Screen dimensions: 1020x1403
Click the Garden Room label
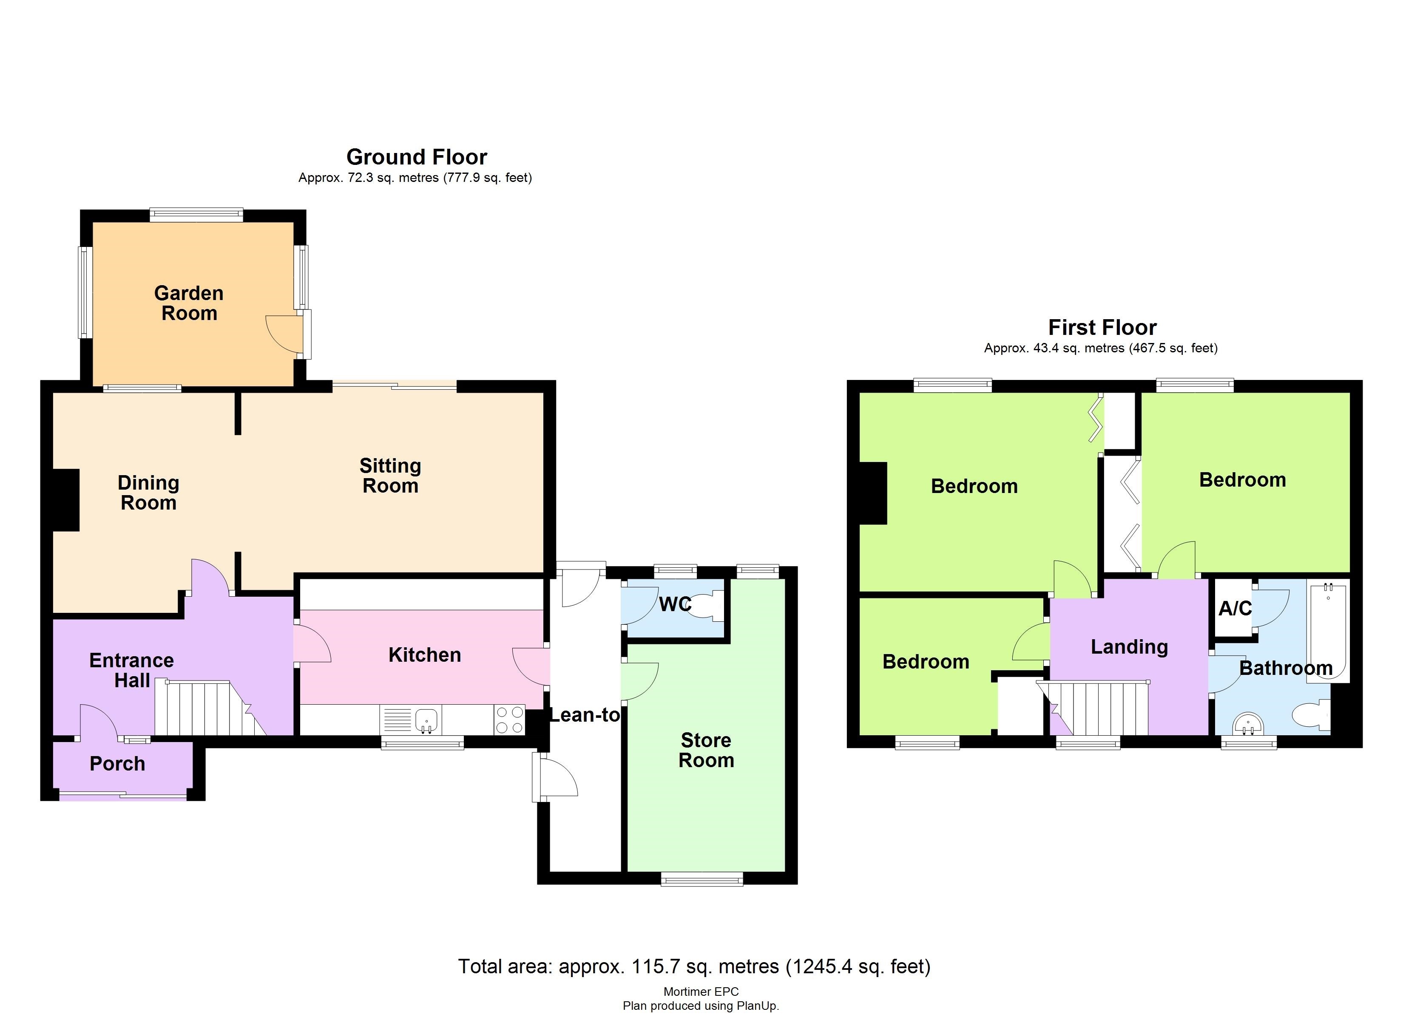pyautogui.click(x=189, y=303)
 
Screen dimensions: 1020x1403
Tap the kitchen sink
pyautogui.click(x=426, y=720)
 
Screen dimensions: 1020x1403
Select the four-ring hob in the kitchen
pyautogui.click(x=509, y=720)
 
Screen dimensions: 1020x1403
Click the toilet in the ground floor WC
pyautogui.click(x=707, y=605)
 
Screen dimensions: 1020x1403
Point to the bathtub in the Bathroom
pyautogui.click(x=1327, y=631)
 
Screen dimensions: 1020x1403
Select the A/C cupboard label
pyautogui.click(x=1235, y=609)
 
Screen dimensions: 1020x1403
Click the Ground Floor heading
pyautogui.click(x=416, y=156)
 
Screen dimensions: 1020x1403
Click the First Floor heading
pyautogui.click(x=1102, y=327)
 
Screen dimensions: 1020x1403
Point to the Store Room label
pyautogui.click(x=706, y=750)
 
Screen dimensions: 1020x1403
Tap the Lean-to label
pyautogui.click(x=585, y=715)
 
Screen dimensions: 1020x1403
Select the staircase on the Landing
pyautogui.click(x=1098, y=708)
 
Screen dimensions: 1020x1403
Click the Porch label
pyautogui.click(x=117, y=763)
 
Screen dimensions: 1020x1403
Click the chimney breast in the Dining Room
pyautogui.click(x=65, y=500)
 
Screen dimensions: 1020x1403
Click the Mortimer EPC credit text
pyautogui.click(x=701, y=992)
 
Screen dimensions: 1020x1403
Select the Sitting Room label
pyautogui.click(x=390, y=476)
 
